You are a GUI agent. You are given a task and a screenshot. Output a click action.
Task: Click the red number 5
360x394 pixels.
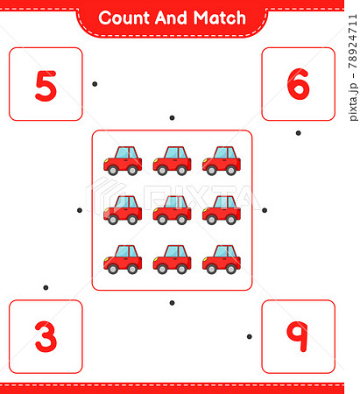coord(46,85)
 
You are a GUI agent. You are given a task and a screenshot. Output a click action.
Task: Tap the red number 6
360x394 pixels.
coord(298,84)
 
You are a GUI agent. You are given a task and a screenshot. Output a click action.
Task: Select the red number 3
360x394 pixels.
coord(46,336)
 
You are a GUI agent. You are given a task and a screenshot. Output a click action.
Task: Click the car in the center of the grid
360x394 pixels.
coord(172,210)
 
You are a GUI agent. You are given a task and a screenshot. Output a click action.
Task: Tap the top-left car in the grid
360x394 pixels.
coord(123,160)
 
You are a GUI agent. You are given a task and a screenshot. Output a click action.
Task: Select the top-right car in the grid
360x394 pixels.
coord(221,160)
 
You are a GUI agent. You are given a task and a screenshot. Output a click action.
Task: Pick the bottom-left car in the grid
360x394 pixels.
coord(123,260)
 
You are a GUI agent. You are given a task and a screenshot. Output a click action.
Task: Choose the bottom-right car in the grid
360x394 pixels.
coord(221,260)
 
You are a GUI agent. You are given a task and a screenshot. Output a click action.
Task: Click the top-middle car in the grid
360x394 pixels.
coord(172,160)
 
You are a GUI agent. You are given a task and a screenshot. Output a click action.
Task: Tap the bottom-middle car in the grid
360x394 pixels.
coord(172,260)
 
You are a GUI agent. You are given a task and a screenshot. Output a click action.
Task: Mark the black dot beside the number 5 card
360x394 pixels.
coord(95,84)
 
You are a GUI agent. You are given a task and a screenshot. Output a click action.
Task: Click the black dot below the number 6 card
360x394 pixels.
coord(298,133)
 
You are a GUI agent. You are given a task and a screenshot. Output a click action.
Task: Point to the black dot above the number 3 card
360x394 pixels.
coord(46,287)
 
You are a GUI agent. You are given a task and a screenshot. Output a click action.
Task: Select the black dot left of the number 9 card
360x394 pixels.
coord(249,336)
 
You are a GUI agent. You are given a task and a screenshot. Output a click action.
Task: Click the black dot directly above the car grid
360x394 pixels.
coord(172,117)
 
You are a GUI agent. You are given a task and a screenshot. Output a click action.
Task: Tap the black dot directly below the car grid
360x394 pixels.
coord(172,303)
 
